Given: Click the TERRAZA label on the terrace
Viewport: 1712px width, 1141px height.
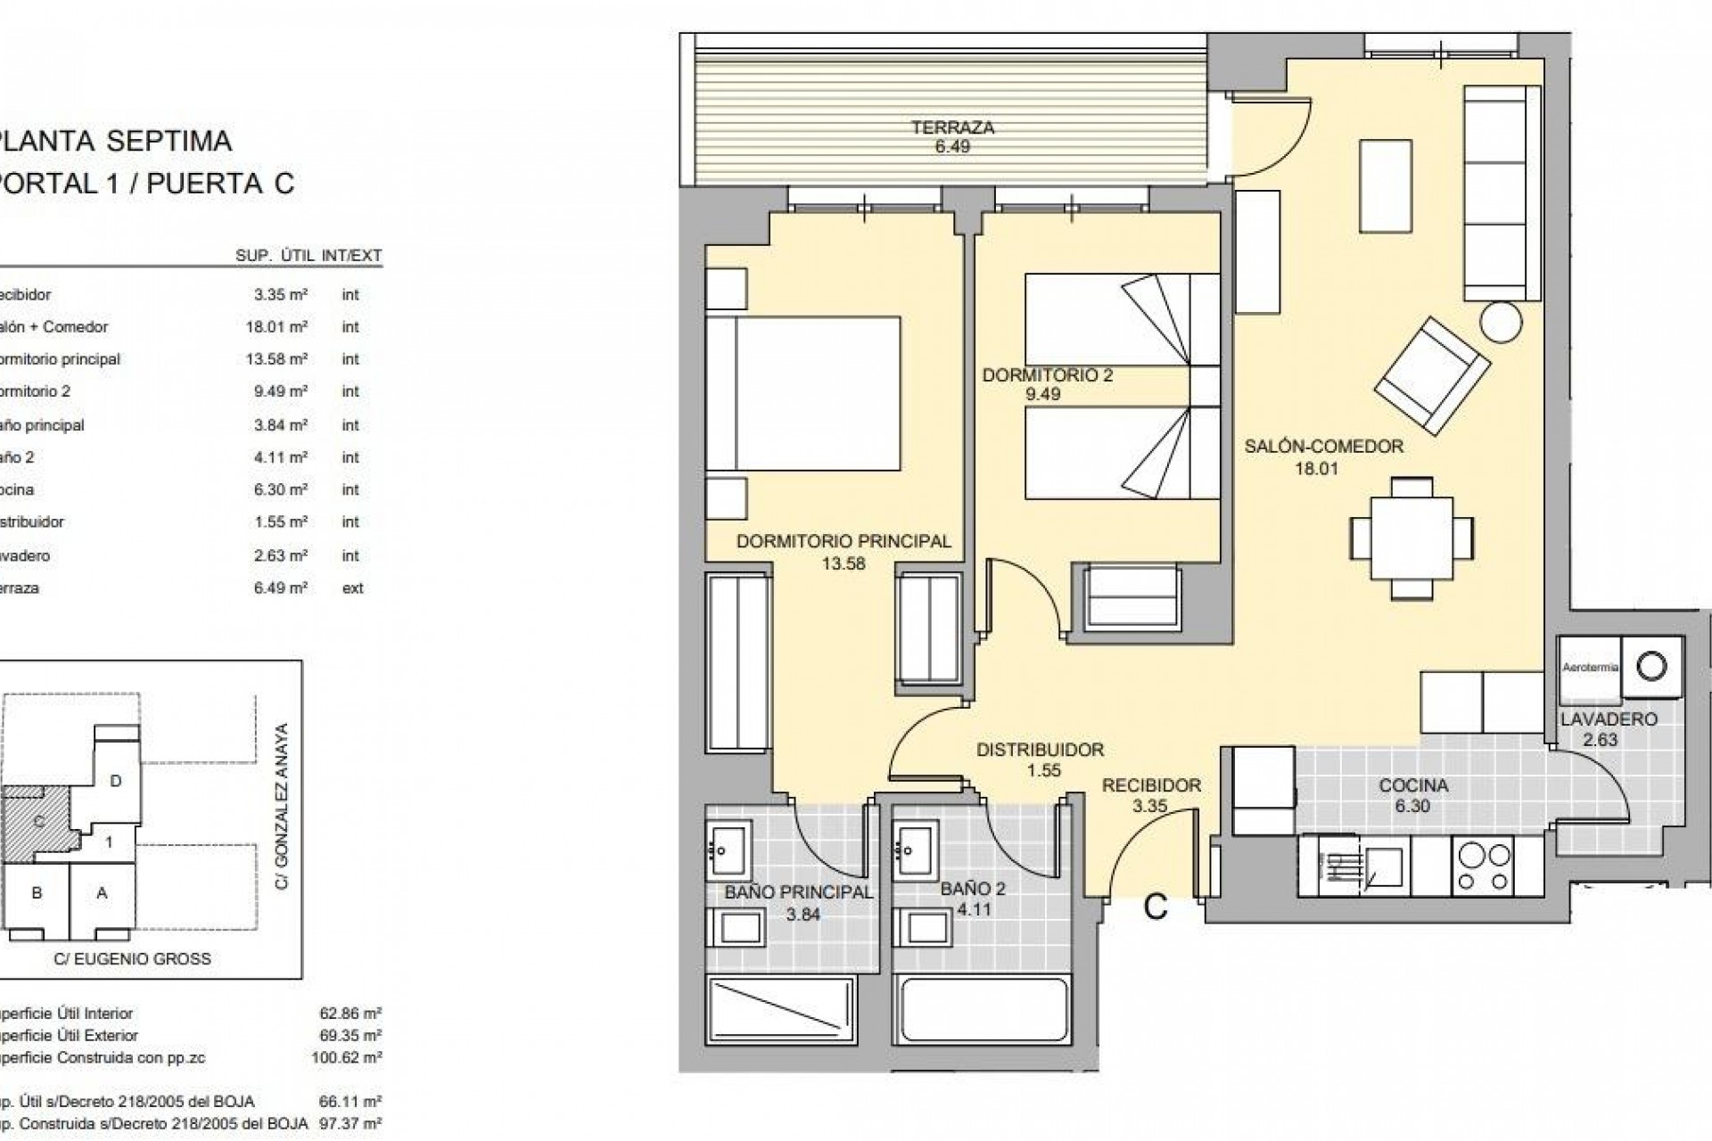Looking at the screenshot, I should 952,127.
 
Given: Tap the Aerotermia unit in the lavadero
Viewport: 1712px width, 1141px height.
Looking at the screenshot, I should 1590,668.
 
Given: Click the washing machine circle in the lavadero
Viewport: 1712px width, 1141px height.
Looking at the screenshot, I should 1652,666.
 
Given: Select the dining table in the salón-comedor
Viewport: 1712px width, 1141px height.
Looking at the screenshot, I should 1412,538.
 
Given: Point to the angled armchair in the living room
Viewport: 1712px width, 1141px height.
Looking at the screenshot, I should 1432,375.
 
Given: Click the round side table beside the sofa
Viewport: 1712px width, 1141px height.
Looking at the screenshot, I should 1502,322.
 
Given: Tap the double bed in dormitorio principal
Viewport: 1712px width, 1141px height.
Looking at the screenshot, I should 802,392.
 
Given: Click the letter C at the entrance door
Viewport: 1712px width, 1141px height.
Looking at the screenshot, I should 1156,907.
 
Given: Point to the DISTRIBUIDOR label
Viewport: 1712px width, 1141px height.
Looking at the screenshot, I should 1040,751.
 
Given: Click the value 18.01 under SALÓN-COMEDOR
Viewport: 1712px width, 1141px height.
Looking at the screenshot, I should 1316,469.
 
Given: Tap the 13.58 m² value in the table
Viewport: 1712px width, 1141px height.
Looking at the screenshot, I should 281,359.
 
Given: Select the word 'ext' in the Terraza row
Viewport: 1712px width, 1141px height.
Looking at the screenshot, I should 352,588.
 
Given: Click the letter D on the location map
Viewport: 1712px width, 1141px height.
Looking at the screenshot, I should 115,781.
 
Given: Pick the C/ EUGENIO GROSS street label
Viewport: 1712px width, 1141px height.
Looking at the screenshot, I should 132,959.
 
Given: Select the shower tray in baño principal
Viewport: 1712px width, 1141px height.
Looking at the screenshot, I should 781,1022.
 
